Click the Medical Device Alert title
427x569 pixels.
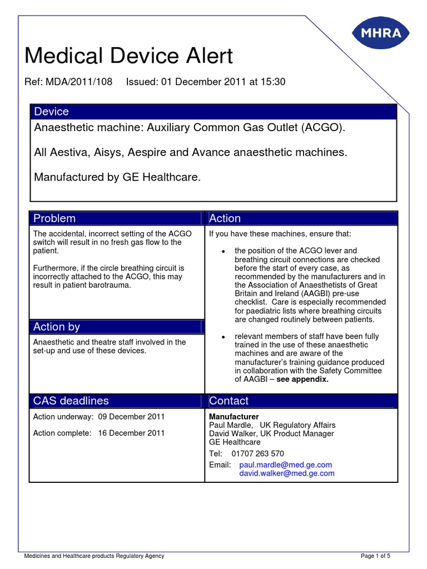129,56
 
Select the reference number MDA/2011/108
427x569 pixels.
80,82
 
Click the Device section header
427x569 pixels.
52,112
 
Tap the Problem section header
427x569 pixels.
54,218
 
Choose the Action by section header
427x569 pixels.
57,327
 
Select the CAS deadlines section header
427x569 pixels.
71,401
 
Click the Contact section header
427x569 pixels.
229,401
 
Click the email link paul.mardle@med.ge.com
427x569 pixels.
285,465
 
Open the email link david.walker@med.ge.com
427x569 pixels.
286,473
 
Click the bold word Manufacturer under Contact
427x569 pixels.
234,416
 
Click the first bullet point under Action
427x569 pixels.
223,252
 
